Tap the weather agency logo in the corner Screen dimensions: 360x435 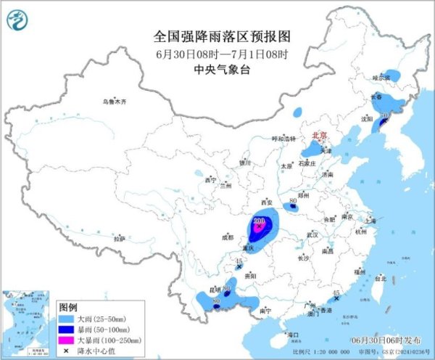pos(17,20)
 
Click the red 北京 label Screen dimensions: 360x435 pos(319,135)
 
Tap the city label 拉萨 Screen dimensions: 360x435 pos(119,238)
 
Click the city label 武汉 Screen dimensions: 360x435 pos(312,235)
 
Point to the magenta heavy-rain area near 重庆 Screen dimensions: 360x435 pos(257,229)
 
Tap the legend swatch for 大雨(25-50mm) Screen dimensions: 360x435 pos(67,317)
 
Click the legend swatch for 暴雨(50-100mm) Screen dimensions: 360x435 pos(67,328)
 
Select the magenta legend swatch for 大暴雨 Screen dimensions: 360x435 pos(67,339)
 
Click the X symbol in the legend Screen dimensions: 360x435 pos(67,350)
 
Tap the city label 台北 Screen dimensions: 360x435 pos(378,277)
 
